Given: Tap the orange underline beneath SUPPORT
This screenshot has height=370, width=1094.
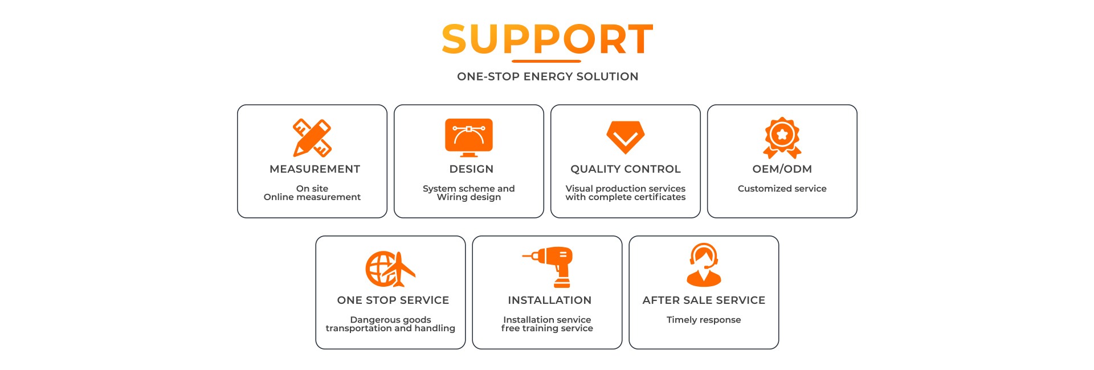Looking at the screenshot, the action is (x=546, y=61).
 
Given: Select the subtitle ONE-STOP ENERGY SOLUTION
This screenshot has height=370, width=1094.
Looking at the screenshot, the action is (x=548, y=76).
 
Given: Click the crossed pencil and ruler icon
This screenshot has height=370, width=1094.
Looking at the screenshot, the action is (x=312, y=137).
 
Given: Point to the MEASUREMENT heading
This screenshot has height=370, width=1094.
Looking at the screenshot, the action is (x=315, y=169).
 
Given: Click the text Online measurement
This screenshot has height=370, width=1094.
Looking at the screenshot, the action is (x=312, y=197).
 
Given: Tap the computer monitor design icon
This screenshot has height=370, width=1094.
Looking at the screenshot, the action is (x=469, y=137).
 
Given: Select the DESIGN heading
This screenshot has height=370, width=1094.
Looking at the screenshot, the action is (x=471, y=169).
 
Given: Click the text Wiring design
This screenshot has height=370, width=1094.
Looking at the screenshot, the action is (x=469, y=197).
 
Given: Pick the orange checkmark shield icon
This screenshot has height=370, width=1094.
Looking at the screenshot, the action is (x=626, y=137).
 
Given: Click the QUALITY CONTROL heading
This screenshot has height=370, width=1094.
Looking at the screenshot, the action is (x=626, y=169).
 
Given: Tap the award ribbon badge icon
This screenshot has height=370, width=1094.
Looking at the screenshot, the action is (x=782, y=137).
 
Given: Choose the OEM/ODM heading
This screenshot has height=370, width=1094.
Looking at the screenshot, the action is (x=782, y=169).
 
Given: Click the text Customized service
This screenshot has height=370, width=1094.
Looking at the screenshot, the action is (x=782, y=189).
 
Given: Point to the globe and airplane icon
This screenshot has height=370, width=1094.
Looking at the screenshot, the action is (x=390, y=269).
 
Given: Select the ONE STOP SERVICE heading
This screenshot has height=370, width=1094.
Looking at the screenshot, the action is (x=393, y=300).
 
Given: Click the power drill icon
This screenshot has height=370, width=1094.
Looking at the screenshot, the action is (x=549, y=267).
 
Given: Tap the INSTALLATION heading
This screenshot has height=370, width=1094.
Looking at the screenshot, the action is (x=549, y=300).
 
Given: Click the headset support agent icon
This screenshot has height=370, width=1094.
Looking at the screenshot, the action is (x=704, y=265).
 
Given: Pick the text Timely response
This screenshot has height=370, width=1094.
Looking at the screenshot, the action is (x=704, y=320).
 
